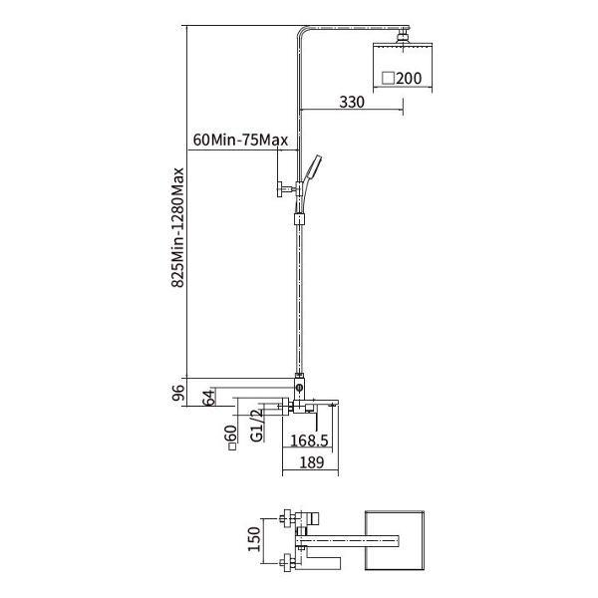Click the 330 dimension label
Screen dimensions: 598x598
(352, 102)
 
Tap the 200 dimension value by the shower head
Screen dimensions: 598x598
(409, 78)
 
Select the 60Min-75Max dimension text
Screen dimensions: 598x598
(240, 140)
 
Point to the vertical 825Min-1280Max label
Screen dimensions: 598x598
(177, 227)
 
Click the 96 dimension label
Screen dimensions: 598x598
(178, 393)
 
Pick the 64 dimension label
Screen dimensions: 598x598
(208, 398)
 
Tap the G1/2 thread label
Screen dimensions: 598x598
(257, 426)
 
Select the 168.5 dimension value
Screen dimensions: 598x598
(309, 441)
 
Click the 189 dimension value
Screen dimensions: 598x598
(312, 462)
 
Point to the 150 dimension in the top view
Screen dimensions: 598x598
(254, 539)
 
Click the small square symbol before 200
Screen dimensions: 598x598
(389, 78)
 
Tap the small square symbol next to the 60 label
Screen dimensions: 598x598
(232, 447)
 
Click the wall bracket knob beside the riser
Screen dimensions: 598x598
(280, 188)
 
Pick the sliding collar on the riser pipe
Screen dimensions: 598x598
(300, 219)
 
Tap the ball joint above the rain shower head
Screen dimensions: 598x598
(403, 37)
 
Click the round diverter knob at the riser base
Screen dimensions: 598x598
(299, 389)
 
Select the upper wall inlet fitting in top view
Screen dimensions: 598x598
(286, 518)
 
